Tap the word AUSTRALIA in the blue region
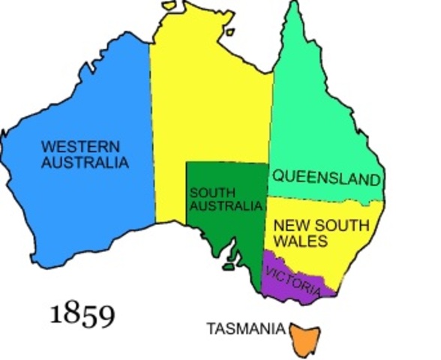point(85,161)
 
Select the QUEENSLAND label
point(326,178)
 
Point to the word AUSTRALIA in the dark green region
point(226,206)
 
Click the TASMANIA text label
point(245,328)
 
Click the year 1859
point(82,313)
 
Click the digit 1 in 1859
point(55,314)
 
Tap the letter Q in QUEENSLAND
point(277,178)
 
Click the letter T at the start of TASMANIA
point(210,328)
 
